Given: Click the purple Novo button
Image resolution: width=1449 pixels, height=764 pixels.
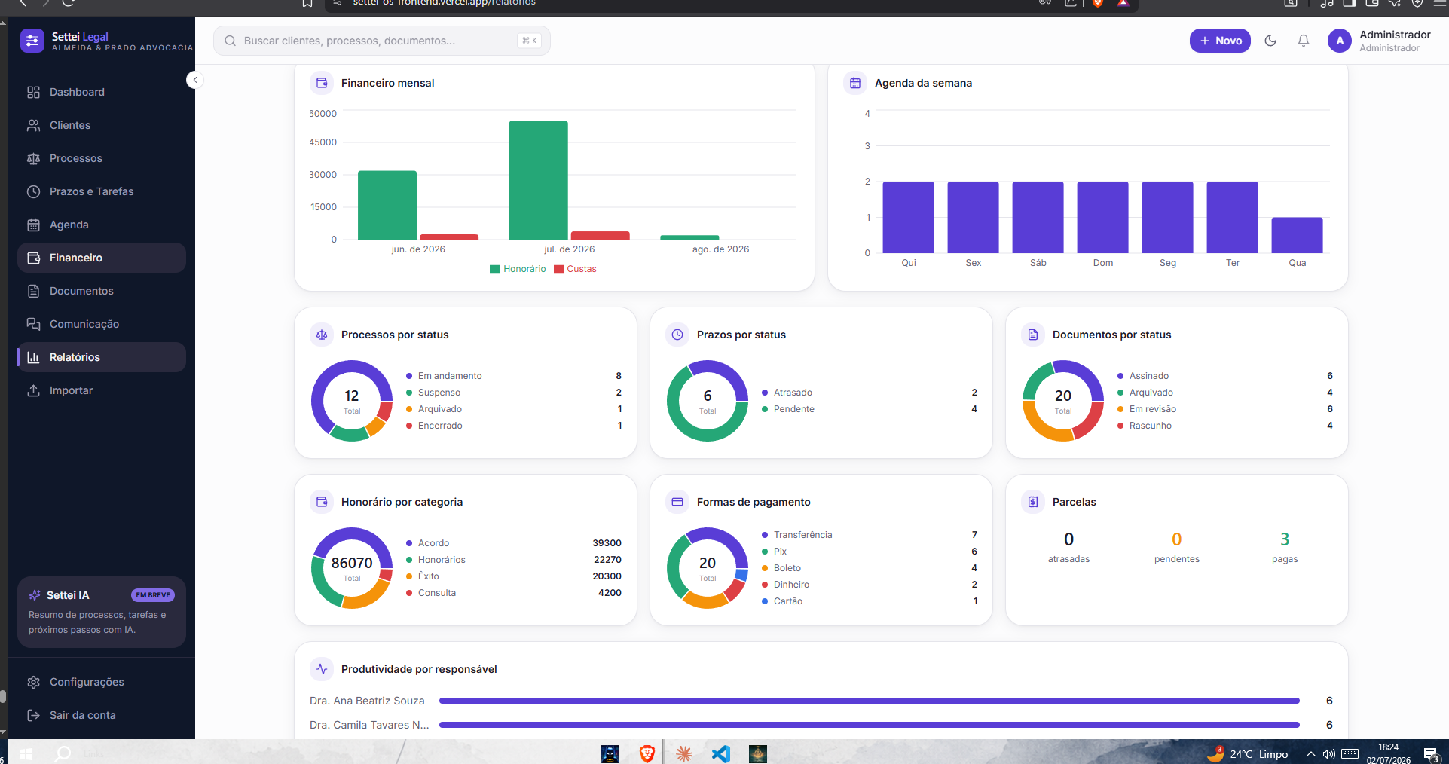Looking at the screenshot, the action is click(x=1220, y=41).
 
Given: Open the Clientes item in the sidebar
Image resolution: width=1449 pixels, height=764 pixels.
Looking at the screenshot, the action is click(x=70, y=125).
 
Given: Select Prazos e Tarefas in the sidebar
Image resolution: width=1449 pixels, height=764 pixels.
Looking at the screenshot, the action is click(x=91, y=191).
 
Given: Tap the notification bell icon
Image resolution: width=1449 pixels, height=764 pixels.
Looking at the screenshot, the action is click(x=1304, y=41).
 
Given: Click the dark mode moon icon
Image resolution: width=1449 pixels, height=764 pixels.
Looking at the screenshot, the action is click(x=1270, y=41).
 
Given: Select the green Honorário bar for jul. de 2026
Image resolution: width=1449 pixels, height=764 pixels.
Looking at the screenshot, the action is click(x=538, y=180).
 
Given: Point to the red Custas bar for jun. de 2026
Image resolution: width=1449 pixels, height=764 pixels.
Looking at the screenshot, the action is click(x=449, y=237).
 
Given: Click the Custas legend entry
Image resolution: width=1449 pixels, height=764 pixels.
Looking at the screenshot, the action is click(x=575, y=269).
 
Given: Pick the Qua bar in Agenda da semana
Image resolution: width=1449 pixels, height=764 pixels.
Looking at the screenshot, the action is click(x=1297, y=235).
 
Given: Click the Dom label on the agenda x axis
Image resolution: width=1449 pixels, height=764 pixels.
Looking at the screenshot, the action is click(x=1103, y=263).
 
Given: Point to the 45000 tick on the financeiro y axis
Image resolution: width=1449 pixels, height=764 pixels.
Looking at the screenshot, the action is click(x=323, y=142).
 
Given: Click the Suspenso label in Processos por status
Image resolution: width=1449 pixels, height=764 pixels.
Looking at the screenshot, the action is click(x=439, y=393).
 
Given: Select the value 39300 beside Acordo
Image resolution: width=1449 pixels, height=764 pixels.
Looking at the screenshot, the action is click(x=607, y=543).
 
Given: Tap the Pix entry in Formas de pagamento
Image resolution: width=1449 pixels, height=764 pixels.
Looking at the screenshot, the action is click(x=780, y=552).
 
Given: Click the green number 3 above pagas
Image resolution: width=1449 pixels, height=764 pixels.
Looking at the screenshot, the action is click(x=1285, y=539).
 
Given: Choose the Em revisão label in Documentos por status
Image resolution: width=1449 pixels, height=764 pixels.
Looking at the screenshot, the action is click(x=1153, y=409).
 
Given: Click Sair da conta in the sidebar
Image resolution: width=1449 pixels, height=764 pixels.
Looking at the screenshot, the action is click(x=83, y=715).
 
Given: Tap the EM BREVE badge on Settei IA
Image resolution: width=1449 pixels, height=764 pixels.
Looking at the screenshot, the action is click(x=153, y=595).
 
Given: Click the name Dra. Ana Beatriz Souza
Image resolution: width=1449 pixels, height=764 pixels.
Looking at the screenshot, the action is click(x=367, y=701).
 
